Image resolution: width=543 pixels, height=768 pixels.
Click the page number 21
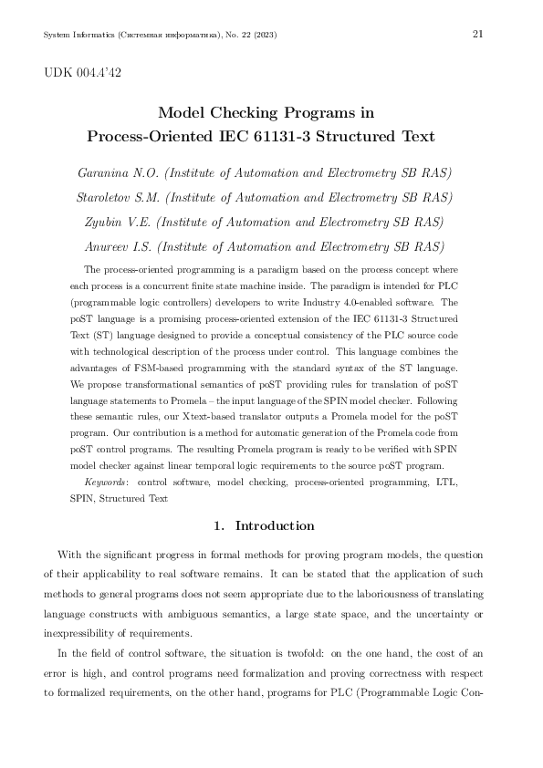[477, 34]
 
